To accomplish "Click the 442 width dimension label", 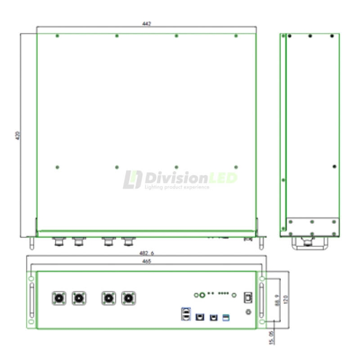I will [x=146, y=24].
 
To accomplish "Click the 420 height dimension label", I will [x=18, y=135].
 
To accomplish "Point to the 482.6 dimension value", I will [x=147, y=253].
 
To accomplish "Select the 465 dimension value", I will [x=146, y=261].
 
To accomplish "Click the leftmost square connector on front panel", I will [x=59, y=298].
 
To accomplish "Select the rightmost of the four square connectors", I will [x=129, y=298].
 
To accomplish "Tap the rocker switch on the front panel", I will [x=247, y=297].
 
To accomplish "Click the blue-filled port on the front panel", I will [x=226, y=318].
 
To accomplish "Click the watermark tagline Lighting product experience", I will [x=177, y=187].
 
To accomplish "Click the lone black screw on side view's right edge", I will [x=334, y=166].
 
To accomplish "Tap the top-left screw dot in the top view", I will [x=57, y=36].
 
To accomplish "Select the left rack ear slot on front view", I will [x=31, y=300].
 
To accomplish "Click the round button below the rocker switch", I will [x=247, y=312].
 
